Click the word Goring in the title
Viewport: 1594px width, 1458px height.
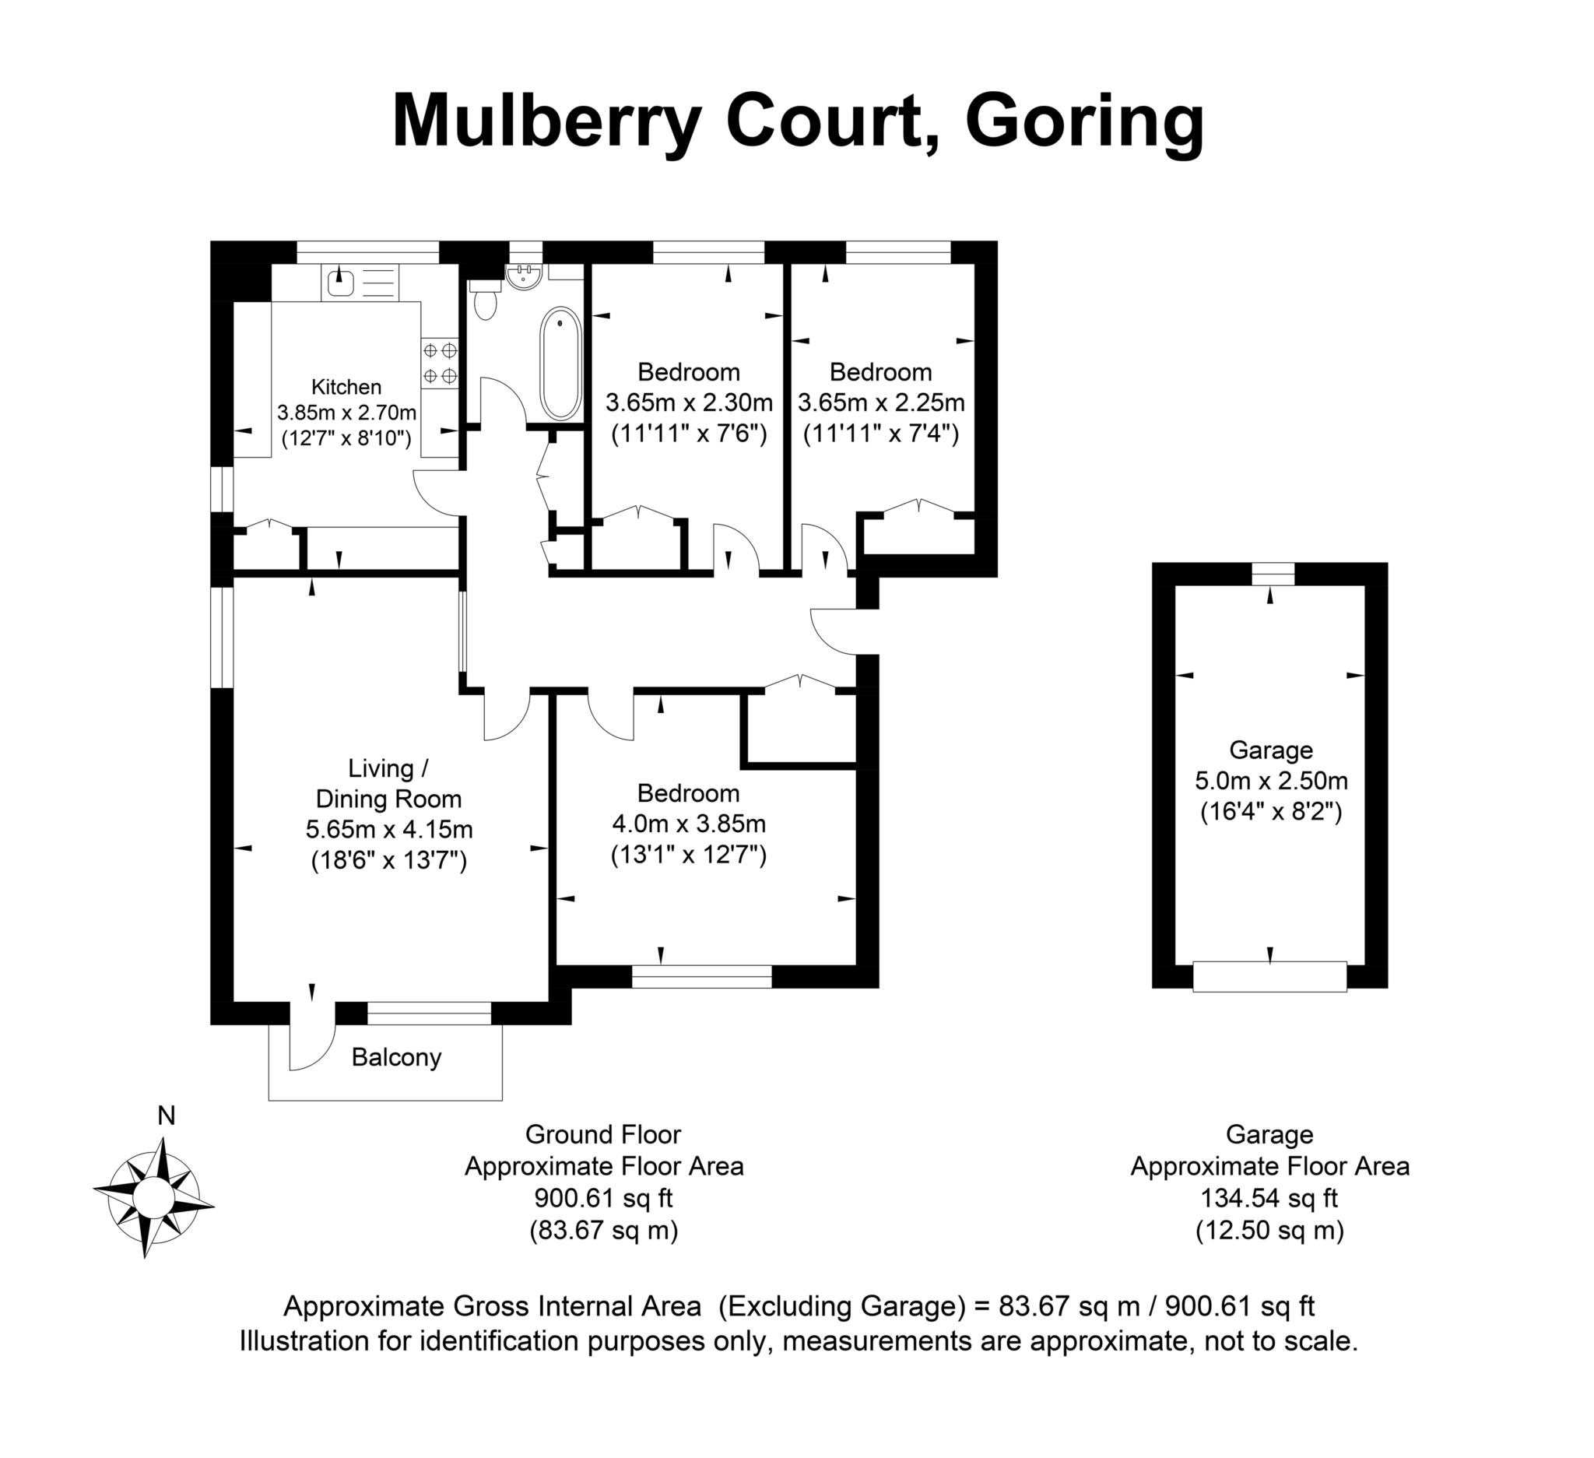coord(1084,122)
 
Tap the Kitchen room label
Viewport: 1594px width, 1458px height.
coord(346,387)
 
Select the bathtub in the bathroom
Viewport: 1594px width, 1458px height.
coord(560,364)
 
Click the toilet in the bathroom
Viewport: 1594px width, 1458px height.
coord(485,300)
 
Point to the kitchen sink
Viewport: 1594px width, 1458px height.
coord(341,283)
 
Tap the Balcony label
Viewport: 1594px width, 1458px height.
coord(396,1057)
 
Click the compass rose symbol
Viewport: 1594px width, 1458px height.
coord(153,1197)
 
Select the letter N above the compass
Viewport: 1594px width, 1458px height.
coord(166,1115)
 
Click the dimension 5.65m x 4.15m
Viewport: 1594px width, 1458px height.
coord(389,829)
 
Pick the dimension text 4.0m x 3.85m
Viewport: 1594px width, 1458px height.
coord(689,824)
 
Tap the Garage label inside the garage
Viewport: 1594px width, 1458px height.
coord(1271,750)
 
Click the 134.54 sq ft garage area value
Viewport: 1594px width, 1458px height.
coord(1269,1199)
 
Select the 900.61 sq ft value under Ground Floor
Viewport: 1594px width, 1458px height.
coord(603,1199)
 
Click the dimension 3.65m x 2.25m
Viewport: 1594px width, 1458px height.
coord(881,403)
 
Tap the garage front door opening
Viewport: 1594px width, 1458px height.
coord(1269,976)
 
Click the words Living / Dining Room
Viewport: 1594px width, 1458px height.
coord(388,783)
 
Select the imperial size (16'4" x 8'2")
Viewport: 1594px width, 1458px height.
coord(1271,812)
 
